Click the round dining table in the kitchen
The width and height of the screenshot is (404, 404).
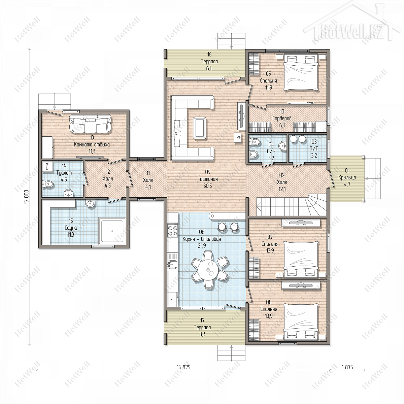tap(209, 270)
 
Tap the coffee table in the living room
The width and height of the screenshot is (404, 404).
tap(200, 128)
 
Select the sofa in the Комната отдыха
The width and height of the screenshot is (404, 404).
tap(91, 124)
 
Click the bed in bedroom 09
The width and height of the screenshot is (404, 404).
tap(301, 72)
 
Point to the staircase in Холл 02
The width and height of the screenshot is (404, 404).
tap(292, 204)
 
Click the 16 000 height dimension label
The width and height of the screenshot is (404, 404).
tap(26, 197)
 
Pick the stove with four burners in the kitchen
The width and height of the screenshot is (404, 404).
tap(173, 230)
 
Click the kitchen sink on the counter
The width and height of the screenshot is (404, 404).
tap(172, 264)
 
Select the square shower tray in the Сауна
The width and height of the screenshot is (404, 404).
tap(112, 231)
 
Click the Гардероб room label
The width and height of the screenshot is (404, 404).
tap(282, 119)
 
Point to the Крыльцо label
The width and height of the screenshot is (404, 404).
tap(347, 177)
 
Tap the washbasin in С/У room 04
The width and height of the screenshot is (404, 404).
tap(282, 145)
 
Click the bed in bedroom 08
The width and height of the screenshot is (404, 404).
tap(301, 322)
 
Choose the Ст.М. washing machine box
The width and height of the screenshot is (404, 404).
tap(47, 166)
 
